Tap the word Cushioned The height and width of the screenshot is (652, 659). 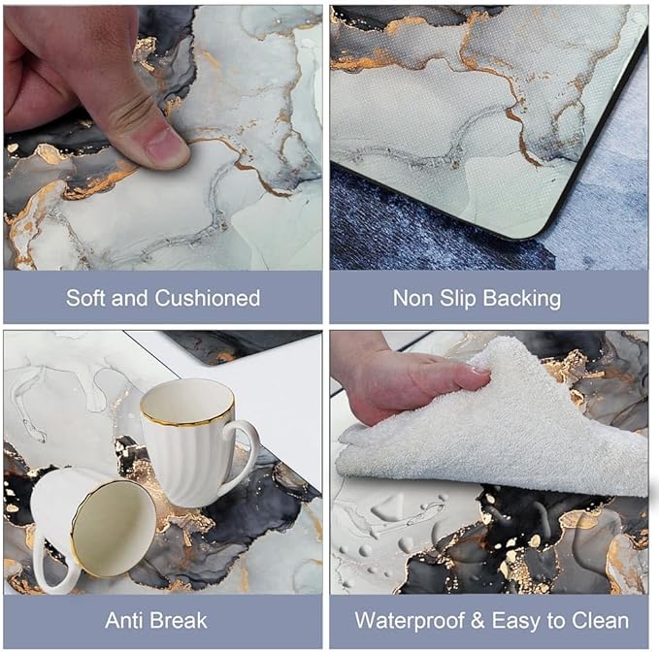click(x=208, y=298)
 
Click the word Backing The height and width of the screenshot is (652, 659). click(x=521, y=299)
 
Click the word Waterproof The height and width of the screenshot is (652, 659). click(x=410, y=621)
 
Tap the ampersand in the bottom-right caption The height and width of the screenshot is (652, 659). click(x=478, y=621)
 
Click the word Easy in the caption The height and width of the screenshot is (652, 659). click(x=515, y=621)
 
